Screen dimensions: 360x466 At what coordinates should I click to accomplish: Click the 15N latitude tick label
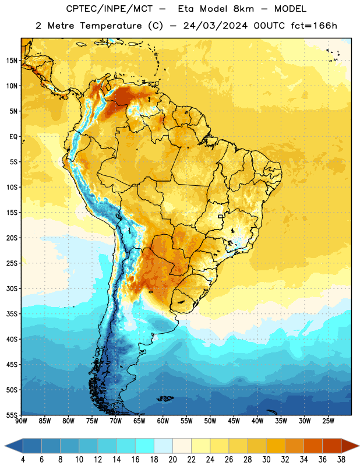pos(12,61)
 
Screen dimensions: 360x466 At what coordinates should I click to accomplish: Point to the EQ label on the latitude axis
pos(13,137)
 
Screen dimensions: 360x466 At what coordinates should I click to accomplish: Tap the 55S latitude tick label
pos(12,415)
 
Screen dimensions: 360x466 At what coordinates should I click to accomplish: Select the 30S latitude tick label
pos(12,288)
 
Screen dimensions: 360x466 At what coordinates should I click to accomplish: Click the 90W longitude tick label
pos(21,421)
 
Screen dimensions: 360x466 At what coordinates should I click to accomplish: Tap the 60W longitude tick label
pos(163,421)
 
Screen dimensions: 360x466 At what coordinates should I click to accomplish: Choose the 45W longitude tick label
pos(234,421)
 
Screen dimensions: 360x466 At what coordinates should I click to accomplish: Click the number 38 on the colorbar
pos(341,460)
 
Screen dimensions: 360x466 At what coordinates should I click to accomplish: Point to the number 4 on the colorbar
pos(23,460)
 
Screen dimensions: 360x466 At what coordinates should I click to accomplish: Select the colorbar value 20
pos(172,460)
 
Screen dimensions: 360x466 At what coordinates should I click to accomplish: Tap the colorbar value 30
pos(266,460)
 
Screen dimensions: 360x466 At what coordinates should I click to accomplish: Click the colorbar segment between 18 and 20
pos(164,446)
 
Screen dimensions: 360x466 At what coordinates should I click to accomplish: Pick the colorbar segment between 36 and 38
pos(332,446)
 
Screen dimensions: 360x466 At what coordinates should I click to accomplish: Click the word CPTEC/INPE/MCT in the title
pos(109,9)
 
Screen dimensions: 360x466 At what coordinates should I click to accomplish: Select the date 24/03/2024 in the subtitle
pos(215,26)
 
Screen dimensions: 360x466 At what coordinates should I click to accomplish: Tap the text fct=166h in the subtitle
pos(314,26)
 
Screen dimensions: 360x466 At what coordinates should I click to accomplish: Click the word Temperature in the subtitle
pos(111,26)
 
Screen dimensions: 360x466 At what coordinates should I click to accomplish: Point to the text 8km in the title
pos(243,9)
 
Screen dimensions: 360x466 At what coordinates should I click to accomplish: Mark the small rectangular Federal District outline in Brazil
pos(221,216)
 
